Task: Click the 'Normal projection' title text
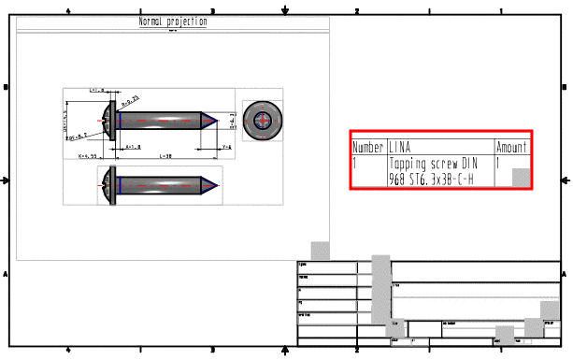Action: [x=173, y=22]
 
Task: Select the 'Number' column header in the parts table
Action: [x=367, y=148]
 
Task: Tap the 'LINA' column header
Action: [x=399, y=148]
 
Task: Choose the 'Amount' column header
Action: [x=511, y=148]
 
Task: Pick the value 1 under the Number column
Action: [x=355, y=162]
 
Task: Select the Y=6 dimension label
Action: [x=226, y=147]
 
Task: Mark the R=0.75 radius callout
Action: [x=131, y=96]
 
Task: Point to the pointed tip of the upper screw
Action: [x=218, y=121]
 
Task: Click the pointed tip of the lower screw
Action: [x=218, y=183]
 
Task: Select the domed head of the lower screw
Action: [x=106, y=184]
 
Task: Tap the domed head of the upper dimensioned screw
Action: [x=106, y=121]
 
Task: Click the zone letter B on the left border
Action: [x=7, y=87]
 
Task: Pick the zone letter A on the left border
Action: [x=7, y=274]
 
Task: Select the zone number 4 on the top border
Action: [x=69, y=10]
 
